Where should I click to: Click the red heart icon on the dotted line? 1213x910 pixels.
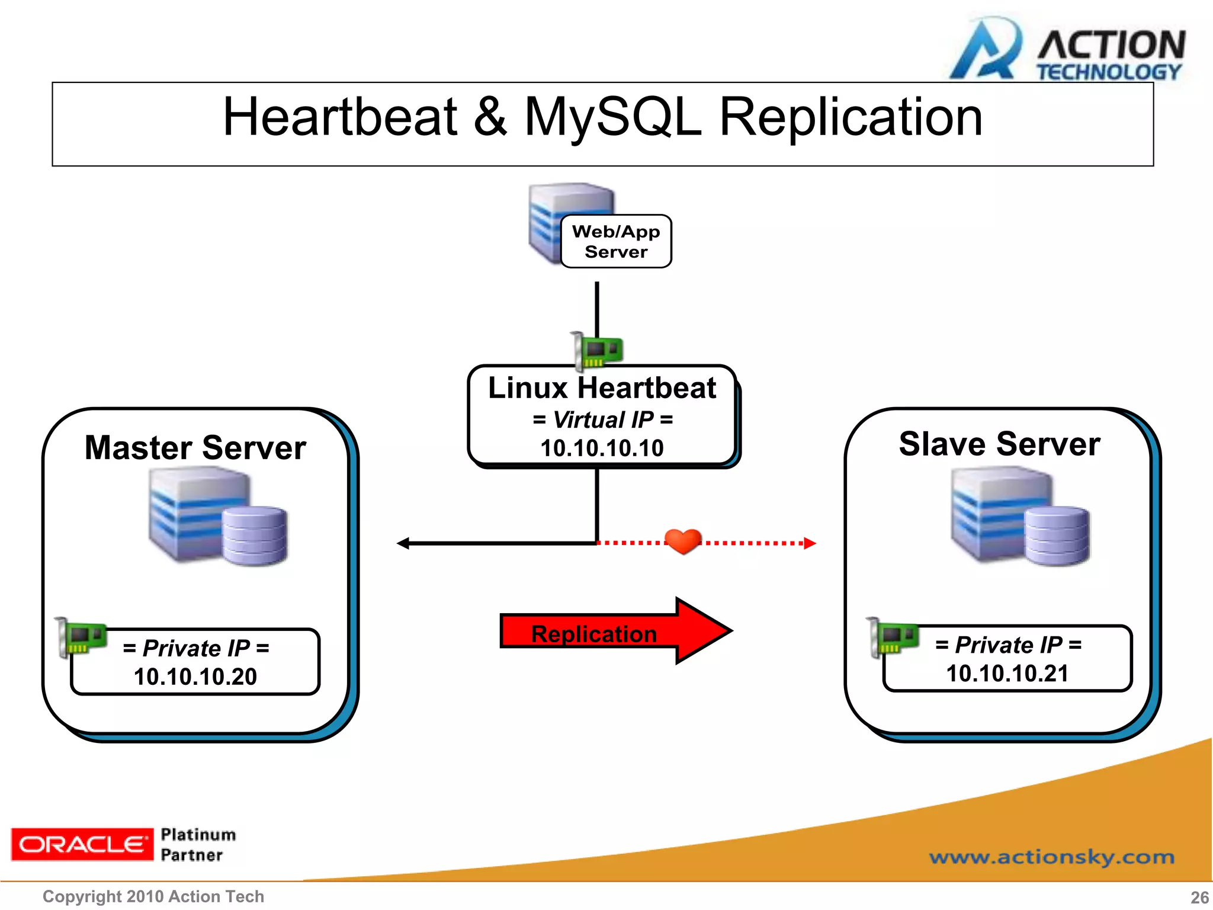pyautogui.click(x=683, y=541)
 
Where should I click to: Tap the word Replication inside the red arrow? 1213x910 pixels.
pyautogui.click(x=593, y=634)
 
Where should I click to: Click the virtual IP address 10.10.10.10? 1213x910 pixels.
pyautogui.click(x=602, y=448)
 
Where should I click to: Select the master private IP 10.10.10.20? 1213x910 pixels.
pyautogui.click(x=195, y=677)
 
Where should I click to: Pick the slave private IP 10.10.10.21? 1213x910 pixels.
pyautogui.click(x=1007, y=673)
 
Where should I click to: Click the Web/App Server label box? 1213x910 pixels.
pyautogui.click(x=616, y=242)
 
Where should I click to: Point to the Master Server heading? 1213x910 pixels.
pyautogui.click(x=195, y=447)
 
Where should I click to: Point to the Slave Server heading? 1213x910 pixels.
pyautogui.click(x=999, y=444)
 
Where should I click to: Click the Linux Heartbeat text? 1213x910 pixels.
pyautogui.click(x=602, y=388)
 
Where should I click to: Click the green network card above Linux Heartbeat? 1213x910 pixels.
pyautogui.click(x=597, y=351)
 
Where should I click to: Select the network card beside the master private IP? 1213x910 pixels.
pyautogui.click(x=82, y=637)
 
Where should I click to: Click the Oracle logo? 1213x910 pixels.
pyautogui.click(x=82, y=844)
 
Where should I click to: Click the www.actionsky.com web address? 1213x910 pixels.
pyautogui.click(x=1051, y=857)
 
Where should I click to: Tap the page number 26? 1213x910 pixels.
pyautogui.click(x=1199, y=897)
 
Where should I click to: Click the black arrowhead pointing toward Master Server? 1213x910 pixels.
pyautogui.click(x=403, y=543)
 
